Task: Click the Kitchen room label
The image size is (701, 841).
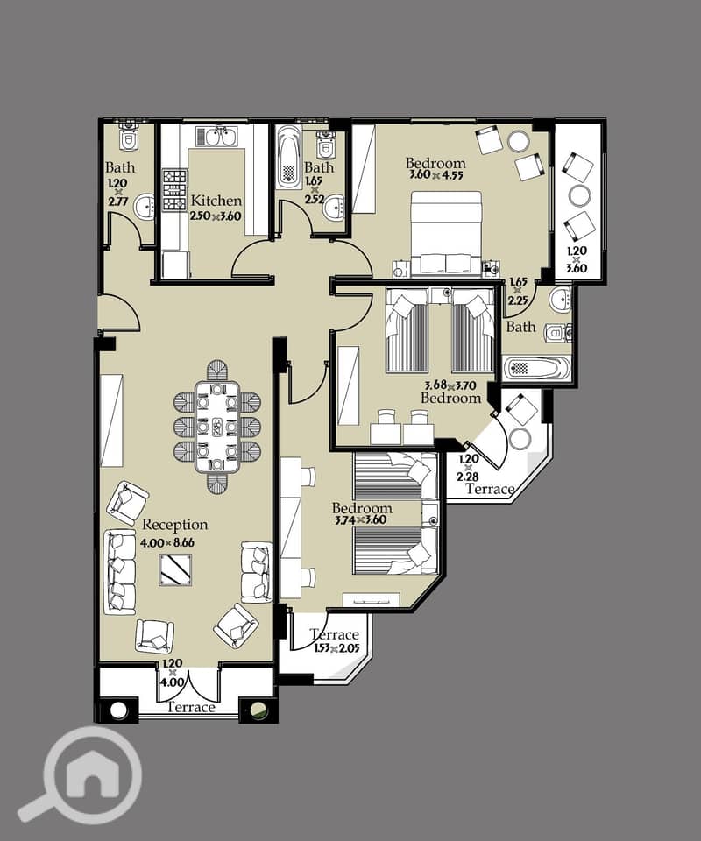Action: pos(216,201)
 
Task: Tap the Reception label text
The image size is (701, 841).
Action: pos(175,525)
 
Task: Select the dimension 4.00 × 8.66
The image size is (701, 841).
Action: pos(167,542)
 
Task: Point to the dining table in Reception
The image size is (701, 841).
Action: pos(217,427)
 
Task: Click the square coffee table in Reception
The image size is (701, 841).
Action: pos(175,569)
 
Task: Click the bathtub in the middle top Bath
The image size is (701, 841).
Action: pos(288,157)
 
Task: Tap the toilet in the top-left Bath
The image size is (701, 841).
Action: pos(128,138)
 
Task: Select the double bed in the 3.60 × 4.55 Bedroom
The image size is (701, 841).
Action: pos(446,235)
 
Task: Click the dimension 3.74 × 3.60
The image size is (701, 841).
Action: pos(360,519)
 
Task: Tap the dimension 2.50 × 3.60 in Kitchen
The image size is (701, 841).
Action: pos(216,216)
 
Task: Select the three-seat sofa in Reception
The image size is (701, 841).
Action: pos(120,572)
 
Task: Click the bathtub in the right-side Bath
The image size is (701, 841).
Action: pos(537,369)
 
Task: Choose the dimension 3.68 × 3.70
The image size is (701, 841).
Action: pos(450,385)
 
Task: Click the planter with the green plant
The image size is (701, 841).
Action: pos(259,710)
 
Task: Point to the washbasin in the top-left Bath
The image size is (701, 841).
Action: pos(145,208)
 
